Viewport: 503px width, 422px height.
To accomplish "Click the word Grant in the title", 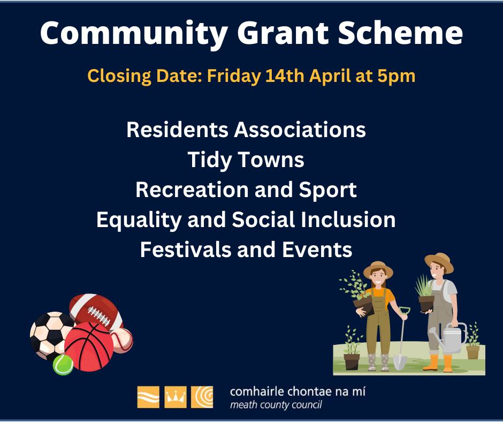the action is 283,33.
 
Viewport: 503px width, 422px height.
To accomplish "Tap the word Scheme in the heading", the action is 400,33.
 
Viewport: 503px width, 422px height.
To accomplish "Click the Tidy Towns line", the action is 246,160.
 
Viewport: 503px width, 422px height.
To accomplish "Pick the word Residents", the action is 178,130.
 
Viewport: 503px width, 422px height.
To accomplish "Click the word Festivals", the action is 186,250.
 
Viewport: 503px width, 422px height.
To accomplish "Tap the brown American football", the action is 96,312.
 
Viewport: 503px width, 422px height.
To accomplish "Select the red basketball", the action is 89,347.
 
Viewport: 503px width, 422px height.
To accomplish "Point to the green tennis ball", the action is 63,365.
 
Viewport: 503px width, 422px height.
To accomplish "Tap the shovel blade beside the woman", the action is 400,361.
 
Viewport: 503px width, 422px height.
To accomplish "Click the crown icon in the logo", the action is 175,397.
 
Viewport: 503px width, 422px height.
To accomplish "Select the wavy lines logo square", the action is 148,397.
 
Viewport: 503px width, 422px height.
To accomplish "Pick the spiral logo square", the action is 202,397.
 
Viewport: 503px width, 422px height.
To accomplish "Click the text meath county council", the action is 276,405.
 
